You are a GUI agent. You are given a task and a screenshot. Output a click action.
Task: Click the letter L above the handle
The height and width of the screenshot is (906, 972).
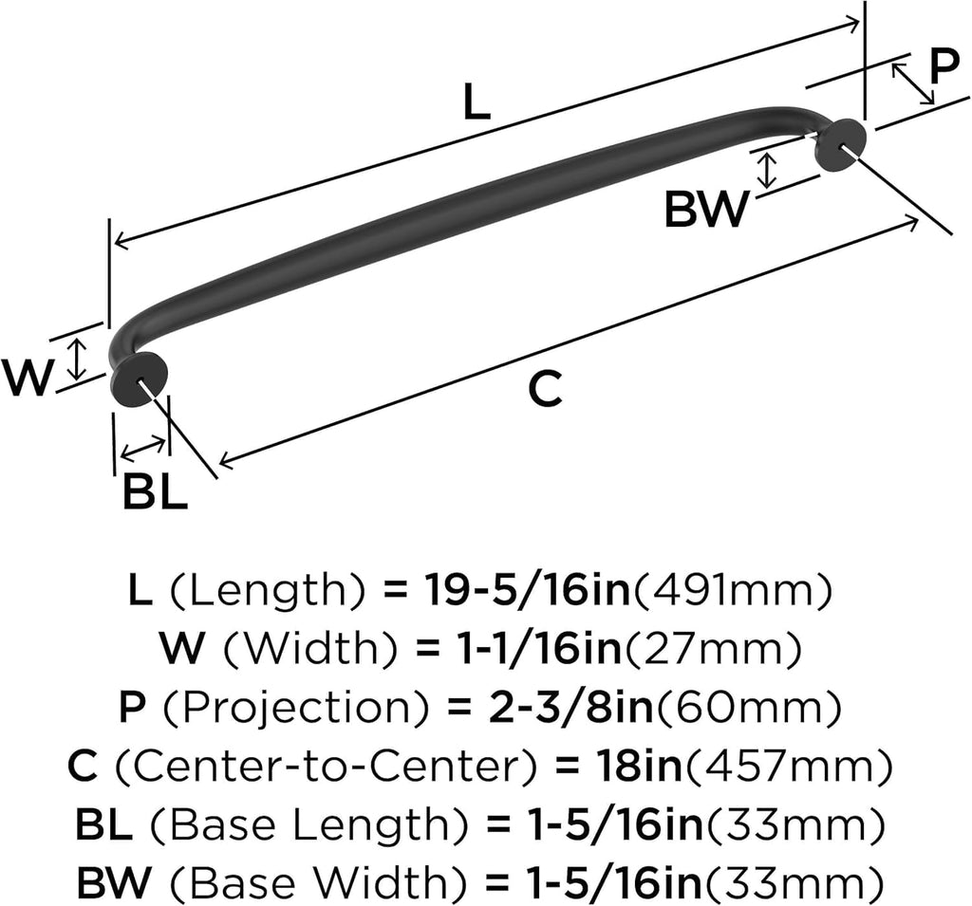click(477, 102)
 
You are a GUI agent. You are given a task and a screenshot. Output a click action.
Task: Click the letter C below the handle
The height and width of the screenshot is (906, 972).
click(546, 389)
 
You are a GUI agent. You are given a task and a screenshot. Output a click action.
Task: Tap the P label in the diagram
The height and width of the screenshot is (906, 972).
click(944, 68)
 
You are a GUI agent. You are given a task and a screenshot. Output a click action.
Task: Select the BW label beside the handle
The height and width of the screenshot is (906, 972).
click(706, 210)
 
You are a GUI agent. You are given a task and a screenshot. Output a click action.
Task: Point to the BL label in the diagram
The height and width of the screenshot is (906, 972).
click(155, 491)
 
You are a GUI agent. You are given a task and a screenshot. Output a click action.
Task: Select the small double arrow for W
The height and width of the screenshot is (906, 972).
click(76, 359)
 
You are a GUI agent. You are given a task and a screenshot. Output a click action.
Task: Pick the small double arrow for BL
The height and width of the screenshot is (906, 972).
click(143, 450)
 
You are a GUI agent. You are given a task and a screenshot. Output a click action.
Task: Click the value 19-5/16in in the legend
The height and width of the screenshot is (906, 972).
click(527, 589)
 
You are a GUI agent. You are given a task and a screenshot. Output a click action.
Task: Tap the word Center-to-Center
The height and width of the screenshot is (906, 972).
click(325, 766)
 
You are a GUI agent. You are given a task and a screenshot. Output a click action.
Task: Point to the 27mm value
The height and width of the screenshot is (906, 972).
click(712, 648)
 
